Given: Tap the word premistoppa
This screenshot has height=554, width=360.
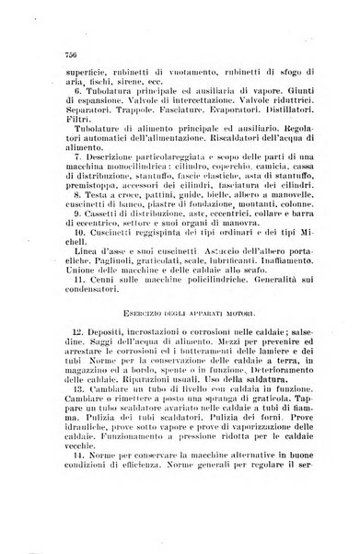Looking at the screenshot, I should [x=92, y=211].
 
